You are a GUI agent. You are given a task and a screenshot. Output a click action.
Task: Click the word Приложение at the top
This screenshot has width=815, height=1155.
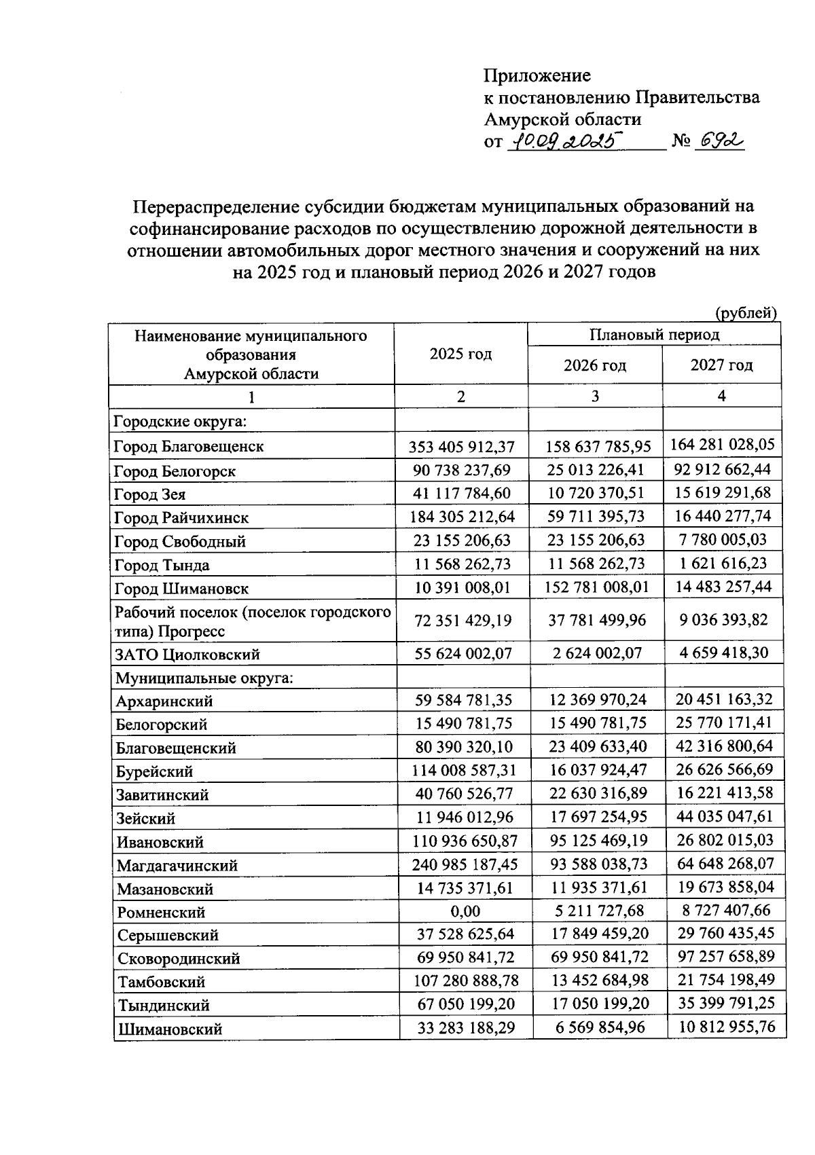pyautogui.click(x=537, y=75)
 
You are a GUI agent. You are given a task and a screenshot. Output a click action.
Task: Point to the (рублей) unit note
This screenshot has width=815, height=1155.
pyautogui.click(x=746, y=313)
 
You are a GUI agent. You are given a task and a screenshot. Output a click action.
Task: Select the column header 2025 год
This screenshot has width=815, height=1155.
pyautogui.click(x=460, y=354)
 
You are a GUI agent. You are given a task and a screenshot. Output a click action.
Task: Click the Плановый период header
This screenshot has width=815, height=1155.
pyautogui.click(x=653, y=334)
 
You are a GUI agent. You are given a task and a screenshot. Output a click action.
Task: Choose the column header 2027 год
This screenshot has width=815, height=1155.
pyautogui.click(x=721, y=365)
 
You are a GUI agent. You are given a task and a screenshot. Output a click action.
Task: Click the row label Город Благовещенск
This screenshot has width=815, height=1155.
pyautogui.click(x=189, y=447)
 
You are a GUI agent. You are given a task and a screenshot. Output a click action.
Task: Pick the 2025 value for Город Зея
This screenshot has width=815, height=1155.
pyautogui.click(x=462, y=494)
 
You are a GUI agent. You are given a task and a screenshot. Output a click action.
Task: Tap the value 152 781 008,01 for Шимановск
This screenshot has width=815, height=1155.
pyautogui.click(x=597, y=587)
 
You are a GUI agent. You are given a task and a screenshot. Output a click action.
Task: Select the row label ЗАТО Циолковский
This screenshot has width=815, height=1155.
pyautogui.click(x=187, y=655)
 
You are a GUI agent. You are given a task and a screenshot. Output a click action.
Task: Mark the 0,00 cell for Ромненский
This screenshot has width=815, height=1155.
pyautogui.click(x=465, y=911)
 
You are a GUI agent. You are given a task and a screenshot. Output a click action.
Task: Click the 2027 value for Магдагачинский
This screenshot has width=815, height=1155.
pyautogui.click(x=725, y=864)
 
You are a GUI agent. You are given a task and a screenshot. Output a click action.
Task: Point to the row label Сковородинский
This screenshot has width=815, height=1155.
pyautogui.click(x=179, y=959)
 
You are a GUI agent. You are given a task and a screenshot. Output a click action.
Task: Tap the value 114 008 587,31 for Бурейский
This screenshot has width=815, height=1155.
pyautogui.click(x=464, y=770)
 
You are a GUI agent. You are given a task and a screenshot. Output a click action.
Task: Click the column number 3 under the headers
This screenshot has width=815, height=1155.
pyautogui.click(x=595, y=397)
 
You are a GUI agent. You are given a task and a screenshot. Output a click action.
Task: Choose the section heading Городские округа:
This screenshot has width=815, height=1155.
pyautogui.click(x=180, y=422)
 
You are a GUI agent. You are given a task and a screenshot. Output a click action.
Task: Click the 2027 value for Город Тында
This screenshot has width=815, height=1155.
pyautogui.click(x=723, y=564)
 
